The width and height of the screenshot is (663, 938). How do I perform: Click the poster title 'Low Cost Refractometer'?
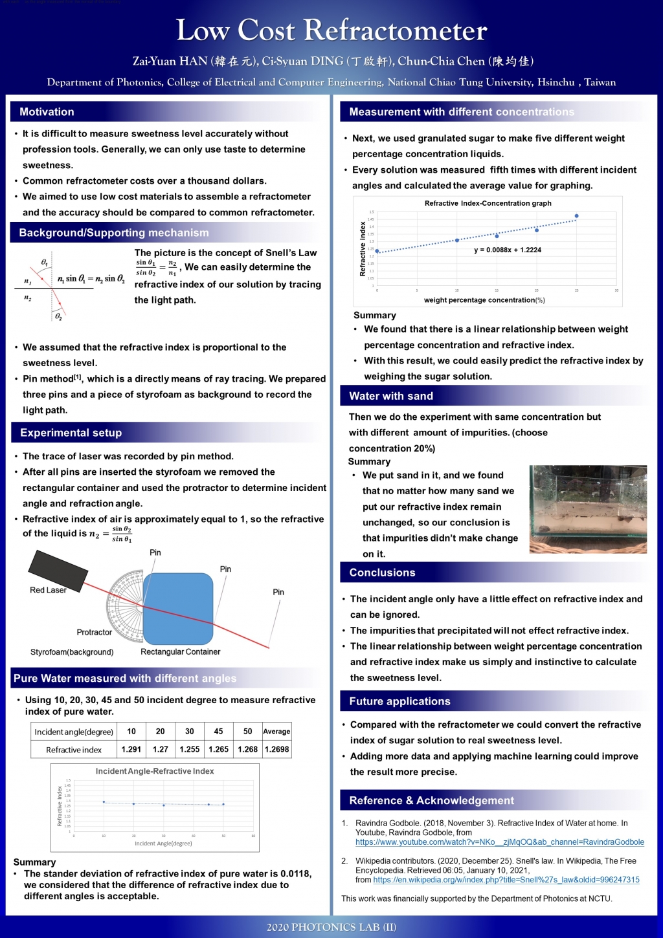click(x=331, y=30)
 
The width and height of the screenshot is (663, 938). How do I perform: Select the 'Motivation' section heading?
click(x=47, y=112)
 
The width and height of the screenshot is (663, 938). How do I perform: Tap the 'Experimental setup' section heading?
click(x=71, y=433)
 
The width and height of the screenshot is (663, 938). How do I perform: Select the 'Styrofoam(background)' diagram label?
click(x=72, y=652)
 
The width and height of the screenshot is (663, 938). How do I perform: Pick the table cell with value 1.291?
click(x=131, y=749)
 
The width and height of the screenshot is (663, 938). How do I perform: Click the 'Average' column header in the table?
click(x=276, y=731)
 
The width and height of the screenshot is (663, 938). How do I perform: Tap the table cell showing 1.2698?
click(x=276, y=749)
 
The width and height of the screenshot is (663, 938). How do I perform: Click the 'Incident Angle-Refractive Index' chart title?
click(x=155, y=771)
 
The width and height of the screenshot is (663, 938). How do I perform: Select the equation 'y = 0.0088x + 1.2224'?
click(x=508, y=250)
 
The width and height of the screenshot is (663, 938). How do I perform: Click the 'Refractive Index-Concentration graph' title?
click(x=488, y=203)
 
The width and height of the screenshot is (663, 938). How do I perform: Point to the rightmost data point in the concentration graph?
click(x=576, y=216)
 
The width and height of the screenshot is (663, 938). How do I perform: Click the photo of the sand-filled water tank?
click(x=587, y=509)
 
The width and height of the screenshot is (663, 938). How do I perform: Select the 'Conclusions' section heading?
click(x=382, y=573)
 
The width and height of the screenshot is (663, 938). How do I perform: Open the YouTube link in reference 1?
click(x=500, y=842)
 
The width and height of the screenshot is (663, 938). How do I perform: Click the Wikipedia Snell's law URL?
click(x=506, y=880)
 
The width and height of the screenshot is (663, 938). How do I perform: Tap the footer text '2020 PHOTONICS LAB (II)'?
click(x=331, y=927)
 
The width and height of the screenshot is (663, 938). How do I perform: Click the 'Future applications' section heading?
click(x=399, y=701)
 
